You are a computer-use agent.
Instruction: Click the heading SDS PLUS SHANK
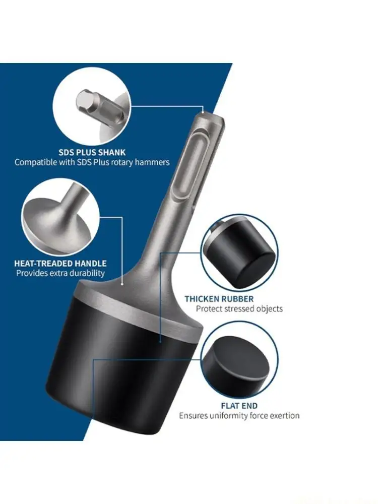click(x=92, y=152)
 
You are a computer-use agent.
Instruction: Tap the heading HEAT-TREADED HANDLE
click(x=60, y=264)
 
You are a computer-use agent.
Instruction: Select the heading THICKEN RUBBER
click(x=219, y=299)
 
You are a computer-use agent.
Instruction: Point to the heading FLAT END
click(x=239, y=406)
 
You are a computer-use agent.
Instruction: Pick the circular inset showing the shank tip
click(x=92, y=105)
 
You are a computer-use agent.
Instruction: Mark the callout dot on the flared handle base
click(x=122, y=284)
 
